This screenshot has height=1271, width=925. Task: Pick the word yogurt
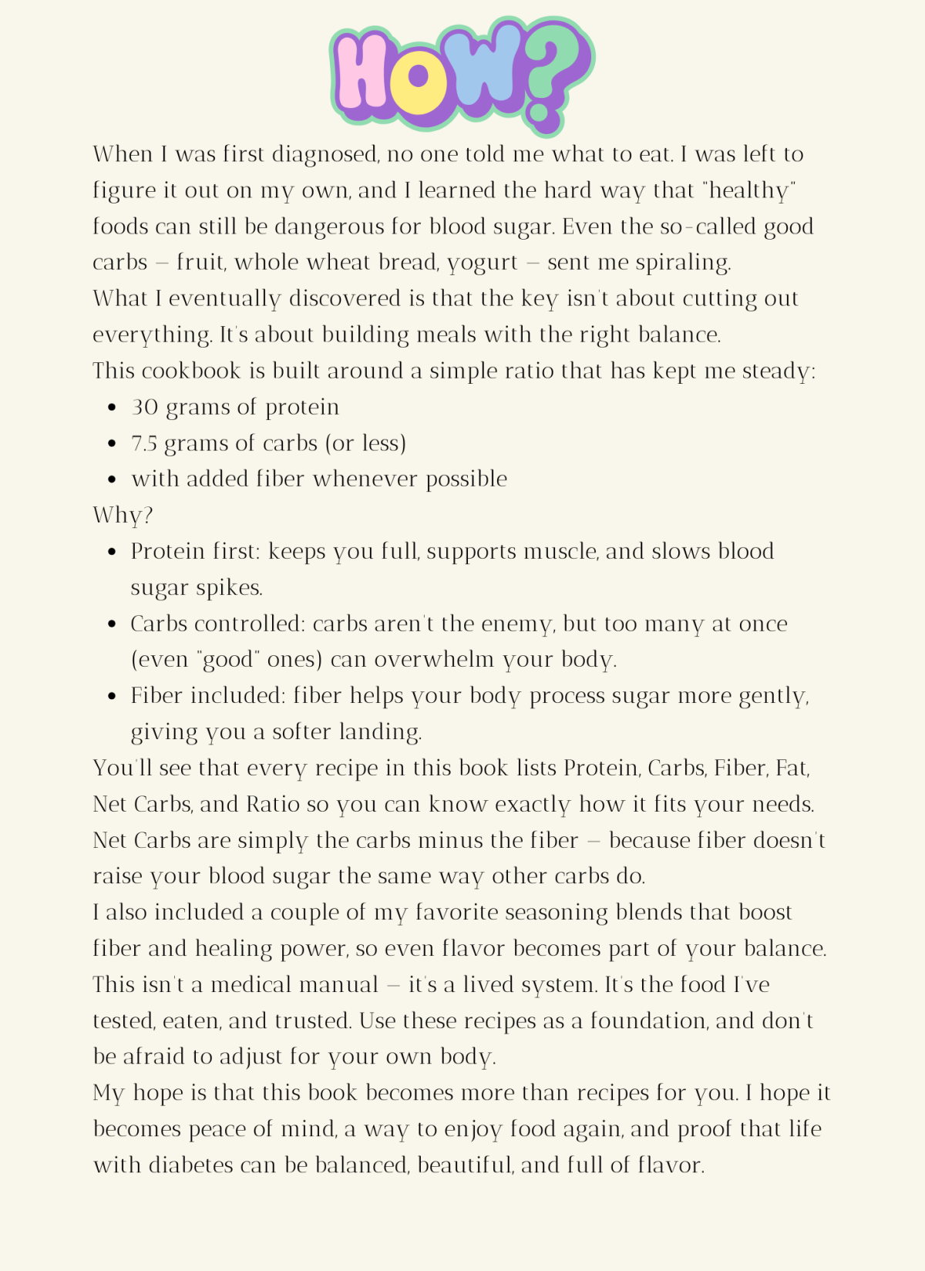point(483,263)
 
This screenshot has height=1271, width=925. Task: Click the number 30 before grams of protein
point(144,407)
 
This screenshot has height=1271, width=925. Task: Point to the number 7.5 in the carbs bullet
point(144,443)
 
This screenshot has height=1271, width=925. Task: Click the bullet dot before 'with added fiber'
point(113,479)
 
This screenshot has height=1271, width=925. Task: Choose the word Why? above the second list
point(123,515)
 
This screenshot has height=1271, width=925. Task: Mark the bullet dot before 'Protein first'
point(113,552)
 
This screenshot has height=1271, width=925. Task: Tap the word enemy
point(517,624)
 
